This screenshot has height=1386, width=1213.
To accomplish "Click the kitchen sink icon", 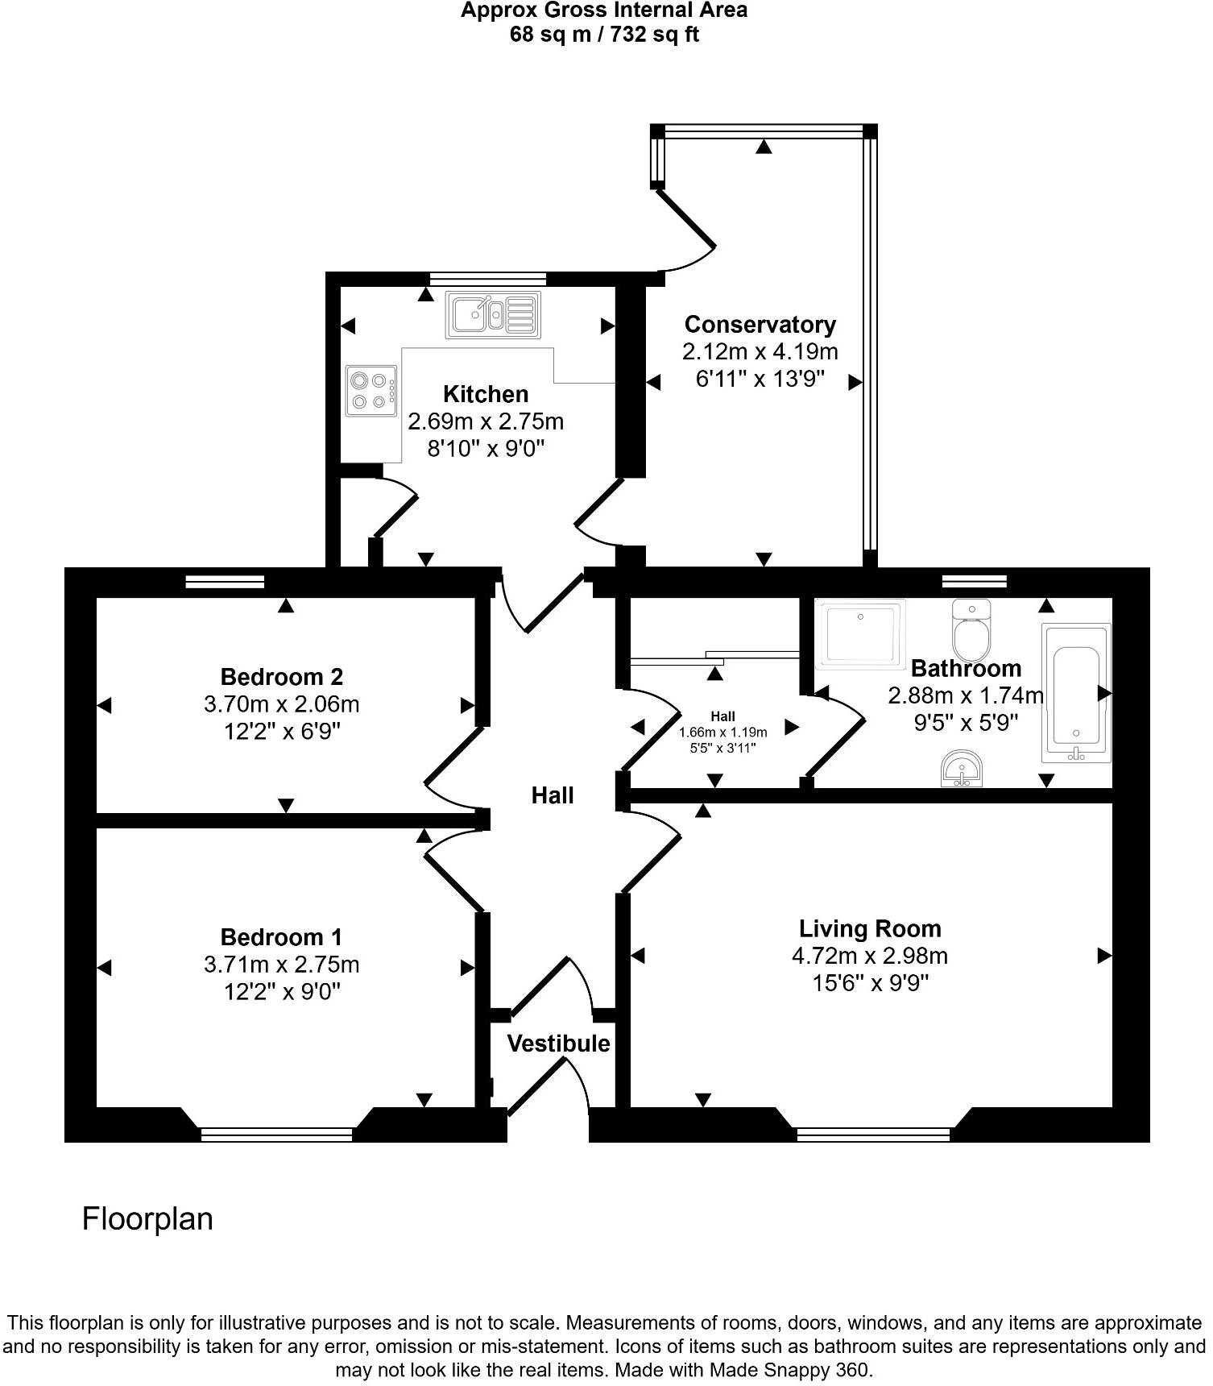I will tap(493, 314).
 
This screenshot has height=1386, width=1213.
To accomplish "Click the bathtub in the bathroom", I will tap(1076, 693).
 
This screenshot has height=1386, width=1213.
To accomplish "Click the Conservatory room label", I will tap(760, 325).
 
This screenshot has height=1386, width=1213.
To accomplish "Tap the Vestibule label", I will tap(558, 1044).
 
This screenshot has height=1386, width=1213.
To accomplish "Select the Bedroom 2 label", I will tap(282, 676).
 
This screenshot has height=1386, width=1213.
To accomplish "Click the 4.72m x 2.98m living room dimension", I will tap(869, 957).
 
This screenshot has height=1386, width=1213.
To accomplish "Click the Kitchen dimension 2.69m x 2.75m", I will tap(486, 421).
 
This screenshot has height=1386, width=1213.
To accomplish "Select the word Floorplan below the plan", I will tap(147, 1218).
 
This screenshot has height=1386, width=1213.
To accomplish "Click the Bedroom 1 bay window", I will tap(276, 1134).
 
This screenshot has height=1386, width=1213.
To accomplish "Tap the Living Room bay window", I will tap(873, 1134).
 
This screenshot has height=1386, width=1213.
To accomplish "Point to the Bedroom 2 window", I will tap(225, 582).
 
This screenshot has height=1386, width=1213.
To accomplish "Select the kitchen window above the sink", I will tap(487, 279).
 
